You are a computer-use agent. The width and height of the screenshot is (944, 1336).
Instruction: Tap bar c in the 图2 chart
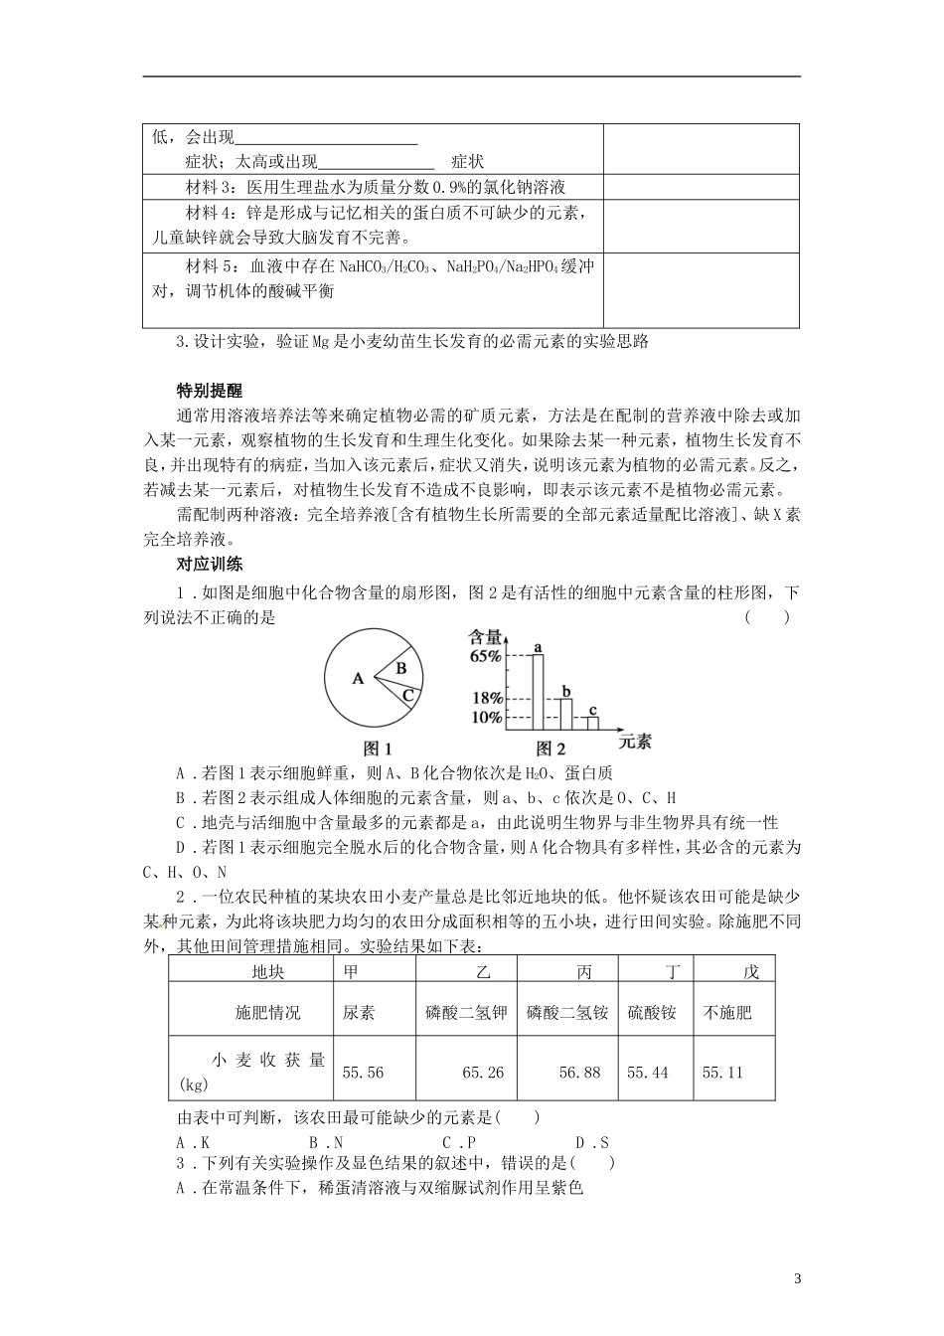[x=592, y=723]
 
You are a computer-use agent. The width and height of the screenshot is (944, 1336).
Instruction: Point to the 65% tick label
[x=486, y=656]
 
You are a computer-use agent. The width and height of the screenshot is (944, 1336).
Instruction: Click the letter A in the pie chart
[x=358, y=679]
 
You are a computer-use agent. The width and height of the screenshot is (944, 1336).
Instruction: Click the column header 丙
[x=584, y=971]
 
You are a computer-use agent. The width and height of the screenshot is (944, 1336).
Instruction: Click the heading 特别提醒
[x=209, y=391]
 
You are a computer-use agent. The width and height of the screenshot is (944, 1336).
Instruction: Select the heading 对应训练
[x=209, y=565]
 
